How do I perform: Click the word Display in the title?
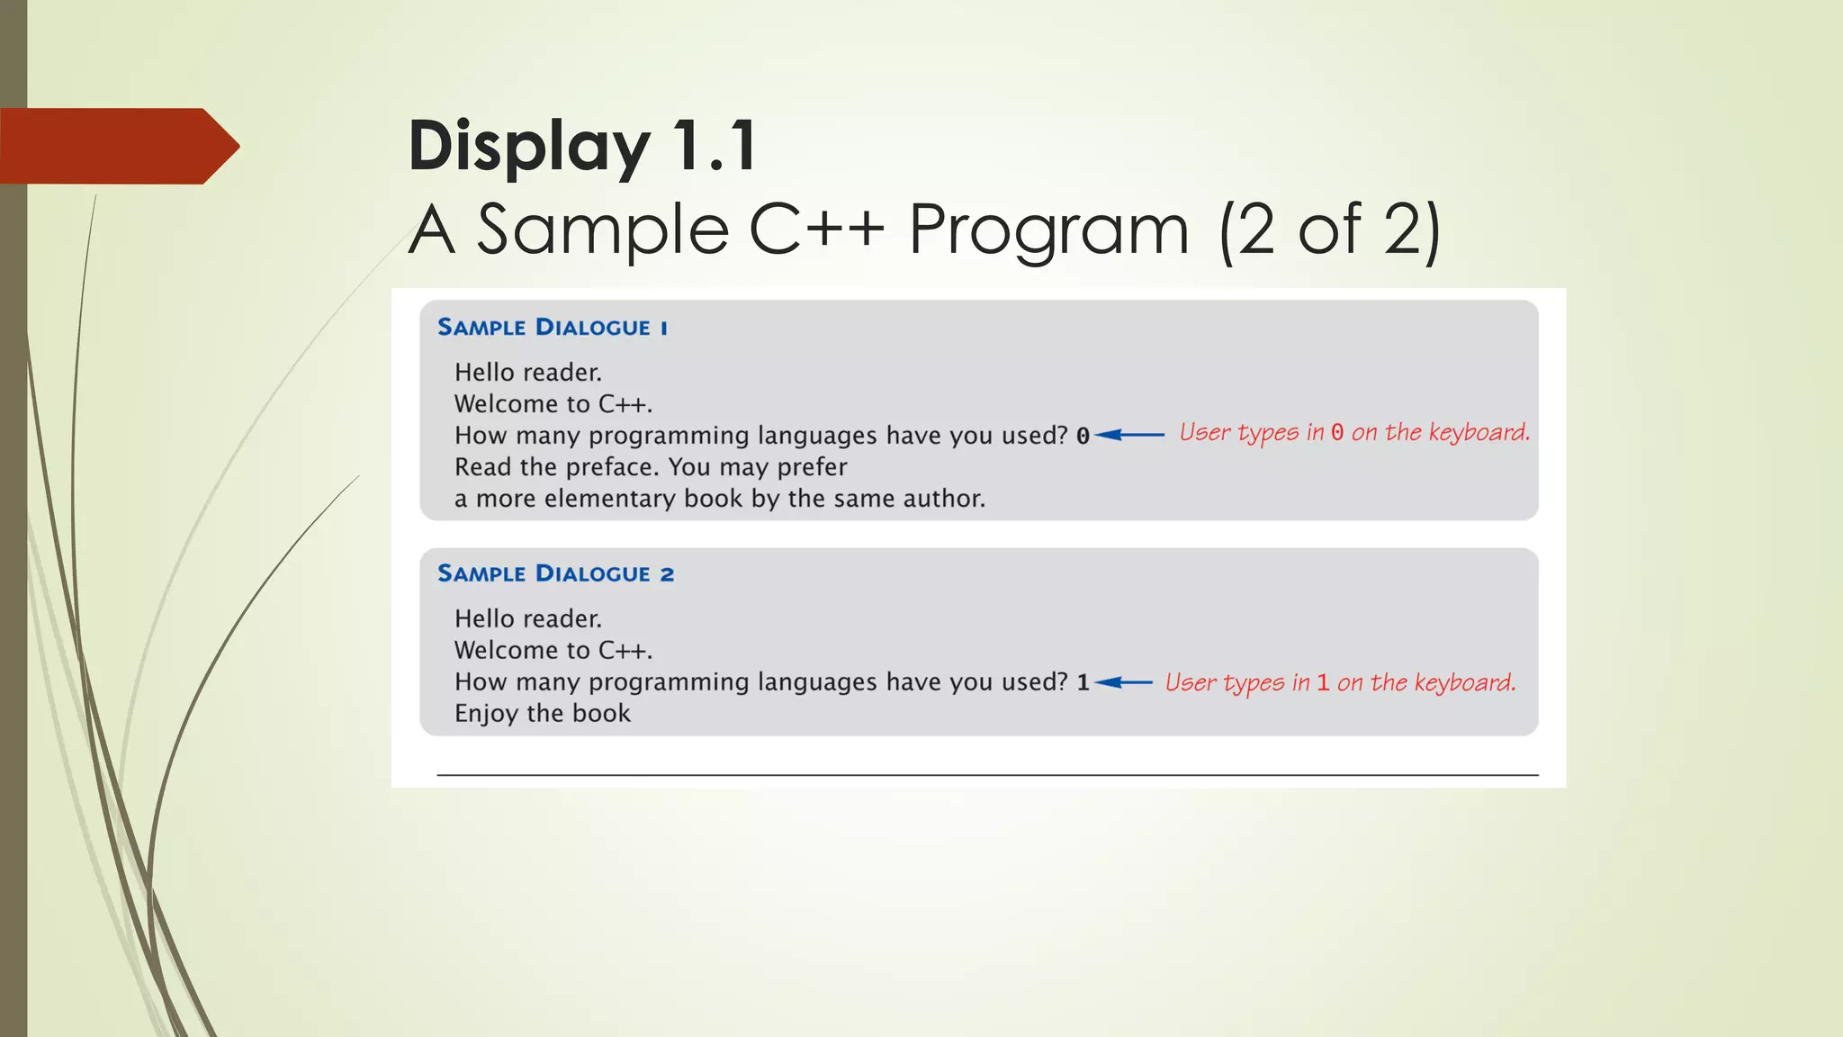pyautogui.click(x=528, y=146)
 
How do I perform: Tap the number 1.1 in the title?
pyautogui.click(x=715, y=146)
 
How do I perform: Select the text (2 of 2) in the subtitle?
pyautogui.click(x=1329, y=230)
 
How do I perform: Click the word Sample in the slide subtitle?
pyautogui.click(x=601, y=230)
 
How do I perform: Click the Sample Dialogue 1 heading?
pyautogui.click(x=553, y=328)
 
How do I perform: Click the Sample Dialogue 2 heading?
pyautogui.click(x=555, y=574)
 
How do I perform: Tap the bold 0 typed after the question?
pyautogui.click(x=1083, y=437)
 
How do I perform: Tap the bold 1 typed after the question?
pyautogui.click(x=1083, y=683)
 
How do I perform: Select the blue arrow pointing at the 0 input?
pyautogui.click(x=1129, y=436)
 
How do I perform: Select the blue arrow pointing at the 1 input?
pyautogui.click(x=1123, y=682)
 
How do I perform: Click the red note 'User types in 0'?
pyautogui.click(x=1353, y=433)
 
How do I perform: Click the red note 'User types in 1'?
pyautogui.click(x=1339, y=683)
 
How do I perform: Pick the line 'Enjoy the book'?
pyautogui.click(x=542, y=714)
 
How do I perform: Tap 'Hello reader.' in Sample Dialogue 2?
pyautogui.click(x=527, y=619)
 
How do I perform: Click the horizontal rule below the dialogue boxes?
pyautogui.click(x=987, y=775)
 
